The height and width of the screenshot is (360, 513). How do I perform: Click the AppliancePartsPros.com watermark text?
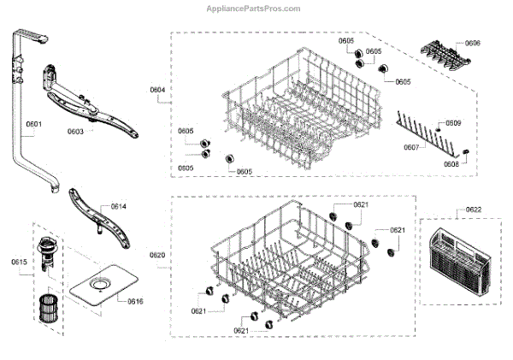tap(254, 9)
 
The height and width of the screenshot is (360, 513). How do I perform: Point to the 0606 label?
tap(472, 43)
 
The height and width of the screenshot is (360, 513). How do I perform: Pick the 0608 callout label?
tap(451, 164)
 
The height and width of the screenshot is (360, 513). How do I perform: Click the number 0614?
tap(118, 207)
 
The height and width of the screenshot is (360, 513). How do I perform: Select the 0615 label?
tap(19, 261)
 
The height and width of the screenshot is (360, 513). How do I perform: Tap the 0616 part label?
tap(135, 302)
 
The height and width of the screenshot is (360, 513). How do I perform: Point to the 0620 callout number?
tap(157, 256)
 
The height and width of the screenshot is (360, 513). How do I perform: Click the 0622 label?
tap(473, 210)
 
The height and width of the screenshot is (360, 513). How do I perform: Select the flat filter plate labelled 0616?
tap(102, 288)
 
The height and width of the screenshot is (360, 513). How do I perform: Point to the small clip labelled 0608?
tap(467, 150)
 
